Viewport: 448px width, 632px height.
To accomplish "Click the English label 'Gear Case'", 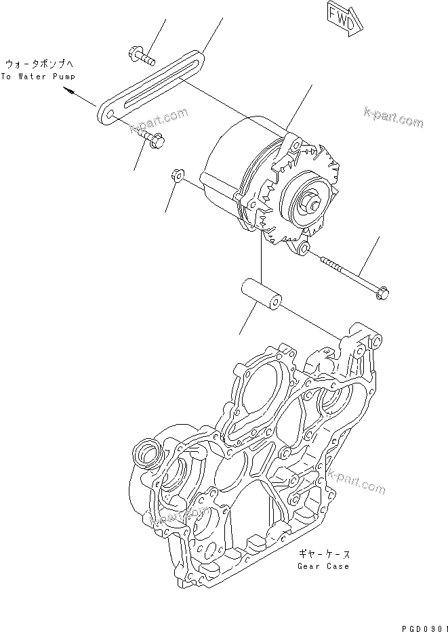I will (323, 566).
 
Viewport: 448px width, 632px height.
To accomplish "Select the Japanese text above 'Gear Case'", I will (323, 553).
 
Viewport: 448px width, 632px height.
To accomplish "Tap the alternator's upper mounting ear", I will (293, 144).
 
